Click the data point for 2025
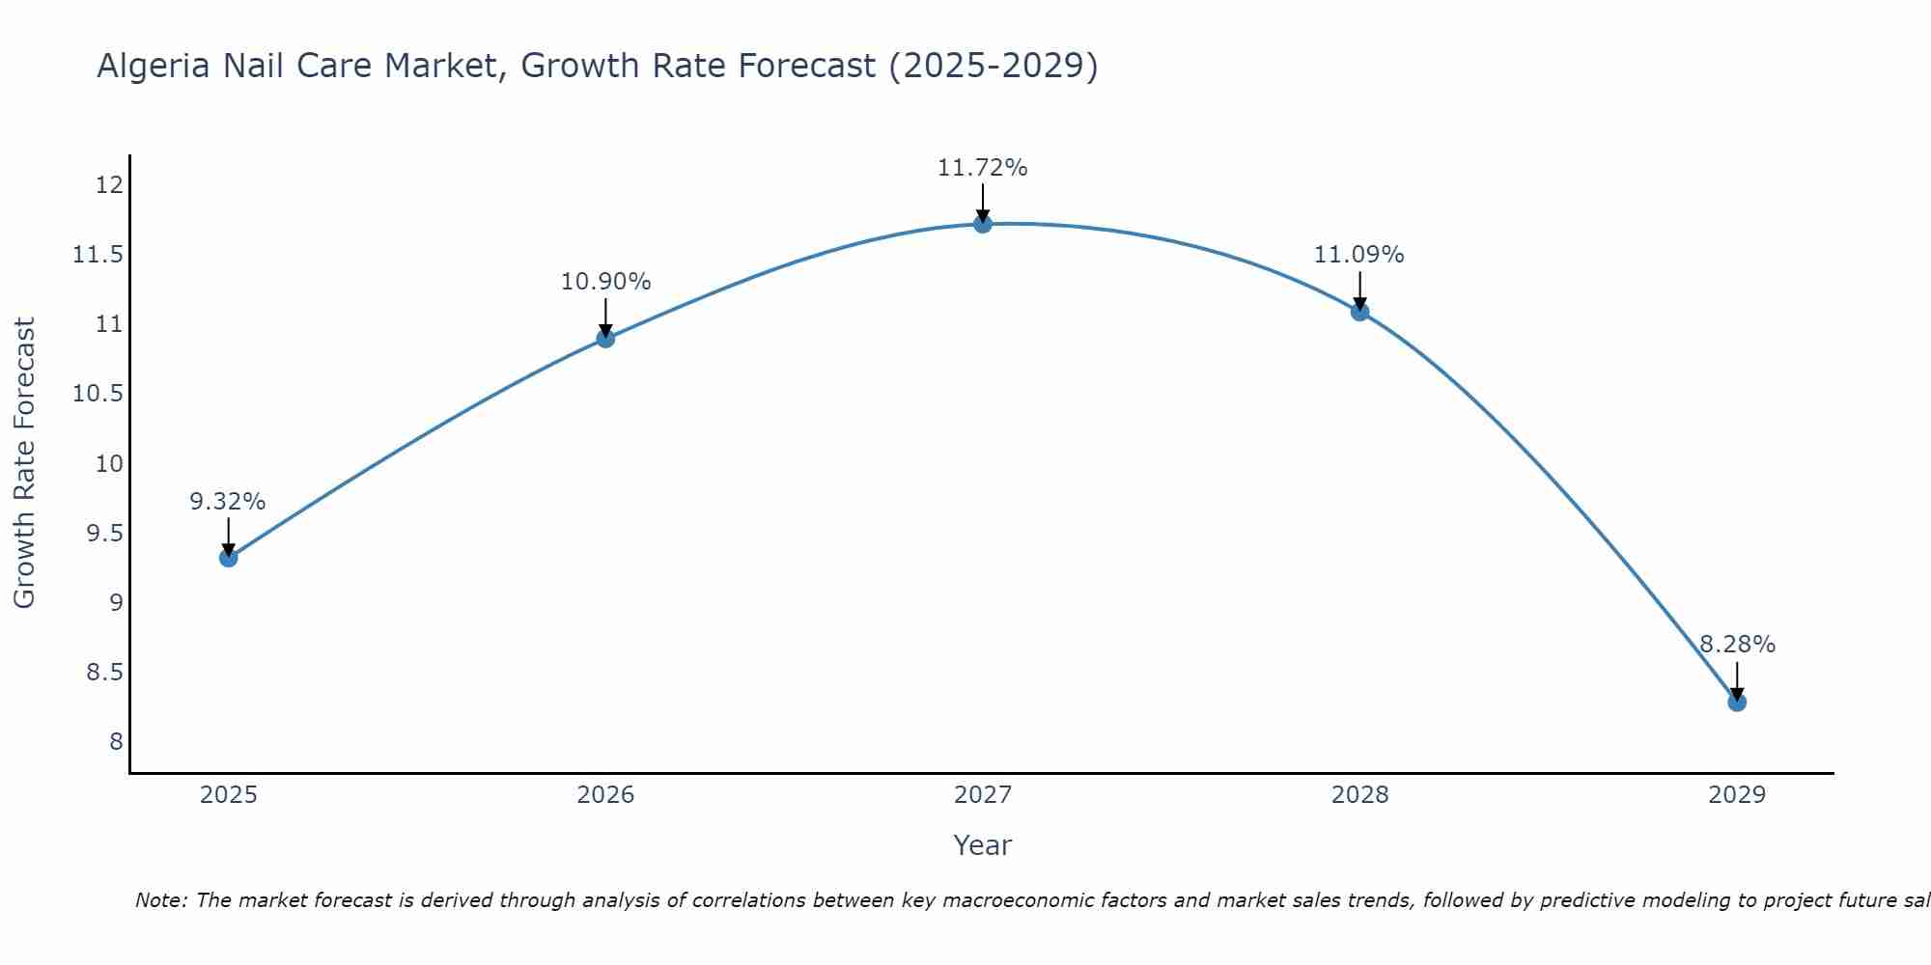pyautogui.click(x=228, y=557)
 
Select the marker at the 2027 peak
pyautogui.click(x=982, y=224)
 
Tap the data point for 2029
pyautogui.click(x=1736, y=702)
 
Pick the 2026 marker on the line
pyautogui.click(x=605, y=338)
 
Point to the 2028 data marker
pyautogui.click(x=1359, y=312)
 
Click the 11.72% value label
pyautogui.click(x=982, y=168)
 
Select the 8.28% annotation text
pyautogui.click(x=1736, y=645)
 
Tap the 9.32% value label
pyautogui.click(x=228, y=502)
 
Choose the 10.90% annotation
pyautogui.click(x=605, y=282)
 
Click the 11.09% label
pyautogui.click(x=1358, y=255)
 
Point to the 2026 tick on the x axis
pyautogui.click(x=605, y=795)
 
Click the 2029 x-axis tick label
pyautogui.click(x=1736, y=795)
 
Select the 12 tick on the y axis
pyautogui.click(x=110, y=185)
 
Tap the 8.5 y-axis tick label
pyautogui.click(x=104, y=673)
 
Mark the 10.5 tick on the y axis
pyautogui.click(x=98, y=394)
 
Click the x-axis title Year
pyautogui.click(x=982, y=845)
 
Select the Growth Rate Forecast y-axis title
pyautogui.click(x=24, y=462)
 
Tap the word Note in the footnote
pyautogui.click(x=160, y=900)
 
